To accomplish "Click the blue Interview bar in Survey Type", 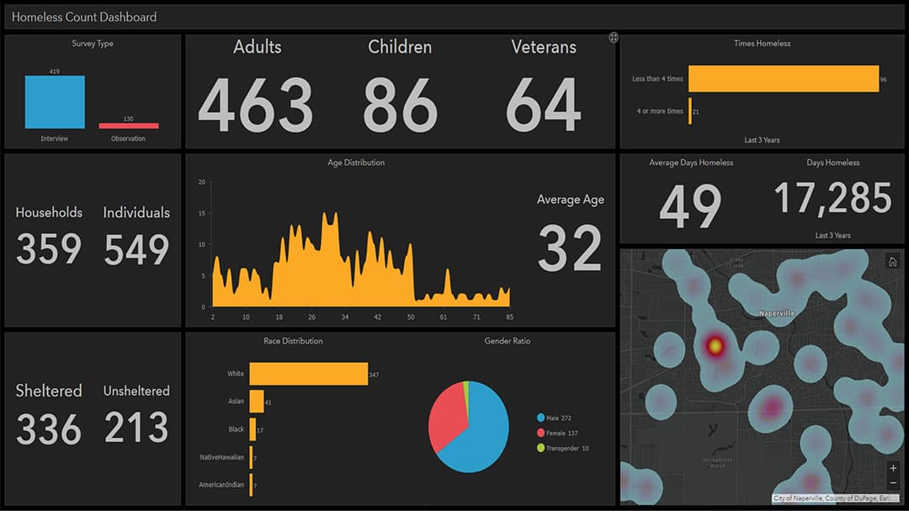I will [55, 102].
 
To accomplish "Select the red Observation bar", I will [128, 126].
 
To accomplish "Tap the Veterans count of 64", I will [544, 105].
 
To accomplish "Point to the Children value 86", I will [400, 105].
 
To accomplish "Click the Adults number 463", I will [256, 105].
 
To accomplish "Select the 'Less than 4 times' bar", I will [783, 78].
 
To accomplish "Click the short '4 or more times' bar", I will [690, 111].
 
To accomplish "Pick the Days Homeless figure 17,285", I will [832, 199].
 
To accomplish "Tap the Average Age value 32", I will [570, 248].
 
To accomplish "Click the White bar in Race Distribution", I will [308, 374].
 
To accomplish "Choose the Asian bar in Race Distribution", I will [257, 402].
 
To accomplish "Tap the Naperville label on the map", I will [775, 313].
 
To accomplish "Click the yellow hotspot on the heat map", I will [715, 345].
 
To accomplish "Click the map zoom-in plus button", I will [893, 468].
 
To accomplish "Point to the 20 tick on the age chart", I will [202, 182].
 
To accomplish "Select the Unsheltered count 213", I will [136, 427].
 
